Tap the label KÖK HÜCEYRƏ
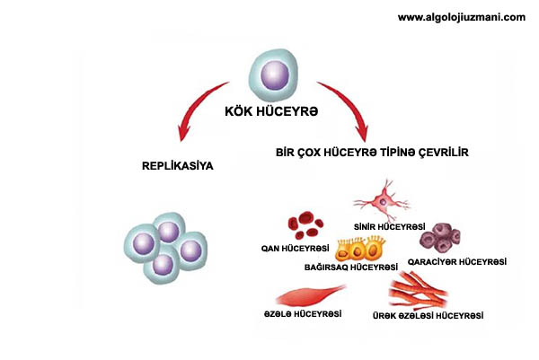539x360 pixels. (269, 112)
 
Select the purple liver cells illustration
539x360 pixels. (446, 239)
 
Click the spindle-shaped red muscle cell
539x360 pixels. (309, 295)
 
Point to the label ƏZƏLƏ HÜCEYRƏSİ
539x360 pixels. (303, 314)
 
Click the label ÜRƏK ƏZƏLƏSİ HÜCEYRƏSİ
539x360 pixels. (428, 315)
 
